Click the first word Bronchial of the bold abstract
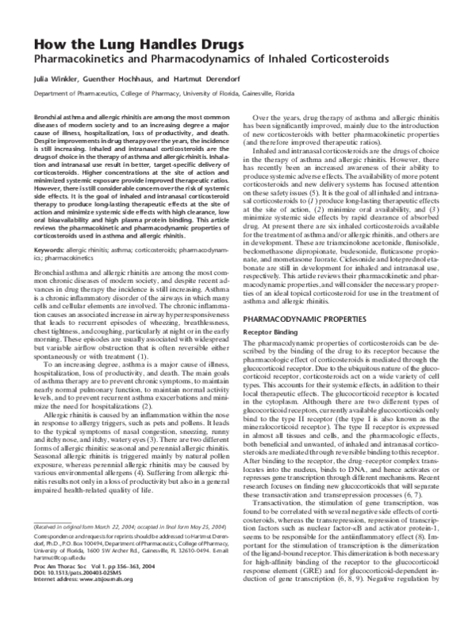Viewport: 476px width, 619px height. [50, 116]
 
